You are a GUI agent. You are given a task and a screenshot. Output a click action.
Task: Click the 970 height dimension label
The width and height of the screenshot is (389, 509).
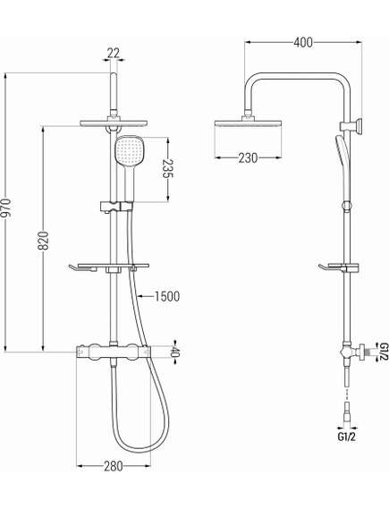[9, 211]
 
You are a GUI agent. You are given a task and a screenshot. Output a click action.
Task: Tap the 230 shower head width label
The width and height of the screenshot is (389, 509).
[247, 157]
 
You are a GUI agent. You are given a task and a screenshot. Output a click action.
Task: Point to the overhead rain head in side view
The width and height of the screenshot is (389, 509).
[248, 125]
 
